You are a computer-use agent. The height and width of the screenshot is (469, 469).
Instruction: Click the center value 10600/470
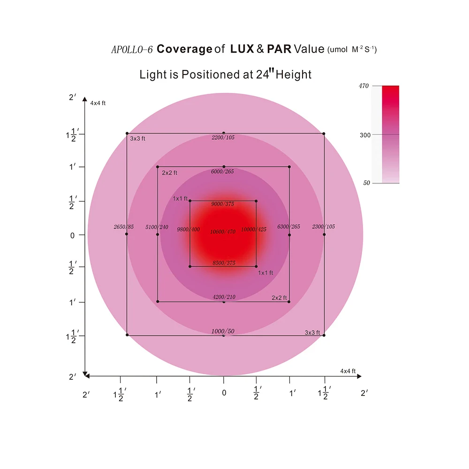click(x=223, y=231)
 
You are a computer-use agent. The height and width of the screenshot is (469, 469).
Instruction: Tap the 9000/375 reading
click(x=223, y=204)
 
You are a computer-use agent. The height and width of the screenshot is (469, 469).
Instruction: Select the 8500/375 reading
click(x=224, y=263)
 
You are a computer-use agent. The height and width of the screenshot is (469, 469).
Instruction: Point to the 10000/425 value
click(x=253, y=229)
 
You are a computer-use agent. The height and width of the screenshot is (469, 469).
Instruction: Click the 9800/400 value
click(x=188, y=229)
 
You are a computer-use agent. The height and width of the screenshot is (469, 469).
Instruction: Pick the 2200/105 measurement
click(x=223, y=138)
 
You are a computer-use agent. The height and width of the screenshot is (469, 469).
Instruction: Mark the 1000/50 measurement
click(x=223, y=331)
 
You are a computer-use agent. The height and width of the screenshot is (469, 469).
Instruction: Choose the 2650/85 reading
click(x=124, y=227)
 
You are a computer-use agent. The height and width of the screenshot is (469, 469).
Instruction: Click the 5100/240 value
click(x=157, y=227)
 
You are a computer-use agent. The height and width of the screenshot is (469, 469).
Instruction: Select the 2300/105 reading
click(x=324, y=227)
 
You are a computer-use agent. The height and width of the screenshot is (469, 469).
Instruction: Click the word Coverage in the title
click(x=184, y=49)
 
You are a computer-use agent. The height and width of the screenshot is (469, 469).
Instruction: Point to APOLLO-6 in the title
click(x=132, y=49)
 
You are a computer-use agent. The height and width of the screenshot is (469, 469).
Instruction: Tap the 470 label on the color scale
click(x=364, y=86)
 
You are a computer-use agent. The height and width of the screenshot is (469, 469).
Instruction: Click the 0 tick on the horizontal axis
click(x=224, y=393)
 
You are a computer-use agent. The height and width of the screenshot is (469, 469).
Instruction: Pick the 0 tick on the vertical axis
click(x=72, y=235)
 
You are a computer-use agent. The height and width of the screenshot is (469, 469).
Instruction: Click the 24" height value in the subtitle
click(x=262, y=74)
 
